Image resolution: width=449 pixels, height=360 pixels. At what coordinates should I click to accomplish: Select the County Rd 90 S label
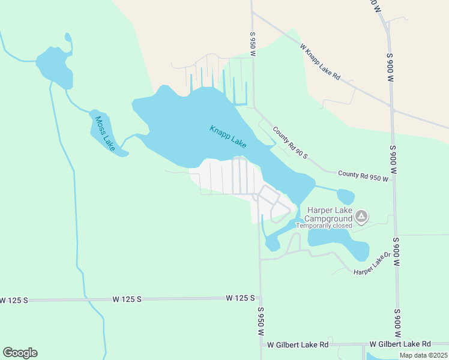click(x=289, y=143)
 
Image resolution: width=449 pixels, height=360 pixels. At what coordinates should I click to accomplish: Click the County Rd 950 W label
click(x=364, y=175)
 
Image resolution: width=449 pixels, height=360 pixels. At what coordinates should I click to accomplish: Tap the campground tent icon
click(x=361, y=215)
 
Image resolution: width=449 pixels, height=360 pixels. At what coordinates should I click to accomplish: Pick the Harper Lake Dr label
click(x=372, y=267)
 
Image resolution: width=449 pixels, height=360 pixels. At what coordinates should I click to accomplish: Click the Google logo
click(x=20, y=353)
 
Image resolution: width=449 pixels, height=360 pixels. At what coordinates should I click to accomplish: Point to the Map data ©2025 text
click(x=423, y=355)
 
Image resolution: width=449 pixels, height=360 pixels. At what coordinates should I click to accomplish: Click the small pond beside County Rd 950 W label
click(x=345, y=196)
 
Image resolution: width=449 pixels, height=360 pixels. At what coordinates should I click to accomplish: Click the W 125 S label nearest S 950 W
click(x=241, y=298)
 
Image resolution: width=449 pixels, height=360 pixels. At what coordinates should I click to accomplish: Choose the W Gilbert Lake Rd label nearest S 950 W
click(x=298, y=344)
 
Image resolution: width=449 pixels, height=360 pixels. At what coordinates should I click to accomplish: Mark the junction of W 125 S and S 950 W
click(x=260, y=298)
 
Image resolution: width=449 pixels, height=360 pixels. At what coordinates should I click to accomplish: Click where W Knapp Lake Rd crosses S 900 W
click(x=392, y=110)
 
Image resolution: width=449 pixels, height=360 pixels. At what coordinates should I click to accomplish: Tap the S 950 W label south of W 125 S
click(x=261, y=322)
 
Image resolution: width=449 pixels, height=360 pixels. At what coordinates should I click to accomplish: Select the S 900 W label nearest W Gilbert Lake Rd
click(x=397, y=324)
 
